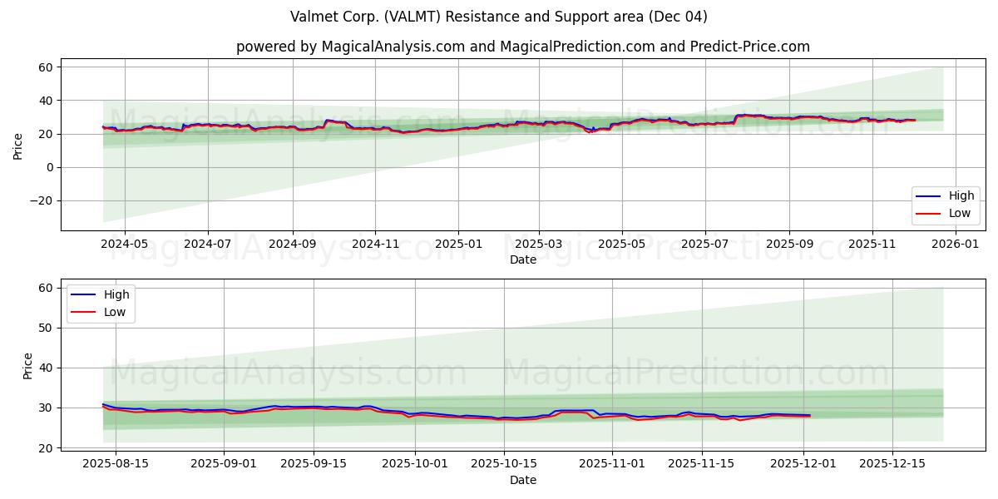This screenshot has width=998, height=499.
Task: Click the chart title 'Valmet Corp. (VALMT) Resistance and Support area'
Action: [499, 17]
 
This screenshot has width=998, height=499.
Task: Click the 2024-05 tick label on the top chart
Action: [125, 245]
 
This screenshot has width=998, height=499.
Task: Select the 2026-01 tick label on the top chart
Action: [955, 245]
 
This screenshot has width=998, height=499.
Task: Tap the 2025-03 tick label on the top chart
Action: [539, 245]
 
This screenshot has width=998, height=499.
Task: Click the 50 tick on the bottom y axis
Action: [47, 328]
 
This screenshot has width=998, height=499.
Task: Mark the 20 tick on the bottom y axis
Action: [47, 448]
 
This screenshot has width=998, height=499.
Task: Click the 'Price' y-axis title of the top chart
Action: [18, 146]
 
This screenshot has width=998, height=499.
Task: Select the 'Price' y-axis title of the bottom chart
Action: [27, 366]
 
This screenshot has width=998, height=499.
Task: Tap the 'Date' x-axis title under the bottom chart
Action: [523, 480]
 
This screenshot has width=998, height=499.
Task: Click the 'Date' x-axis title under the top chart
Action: [523, 260]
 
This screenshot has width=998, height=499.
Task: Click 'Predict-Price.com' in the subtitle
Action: [749, 47]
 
